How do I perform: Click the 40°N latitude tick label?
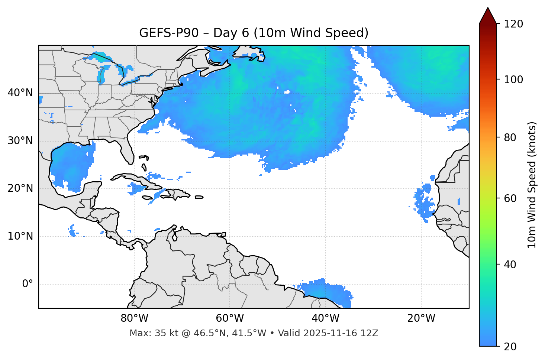point(20,93)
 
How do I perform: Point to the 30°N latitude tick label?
point(20,141)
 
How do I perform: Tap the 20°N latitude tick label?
point(20,188)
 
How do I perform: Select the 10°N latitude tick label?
point(20,236)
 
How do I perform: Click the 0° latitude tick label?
point(28,284)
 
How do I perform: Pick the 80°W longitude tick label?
point(134,318)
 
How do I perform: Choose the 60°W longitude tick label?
point(230,318)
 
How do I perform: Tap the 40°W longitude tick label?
point(325,318)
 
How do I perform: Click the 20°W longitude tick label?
point(421,318)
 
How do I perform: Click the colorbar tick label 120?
point(513,24)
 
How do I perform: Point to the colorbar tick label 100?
point(513,80)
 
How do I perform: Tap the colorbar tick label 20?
point(510,347)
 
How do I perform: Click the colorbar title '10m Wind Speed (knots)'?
point(532,185)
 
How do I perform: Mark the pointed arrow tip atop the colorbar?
point(488,8)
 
